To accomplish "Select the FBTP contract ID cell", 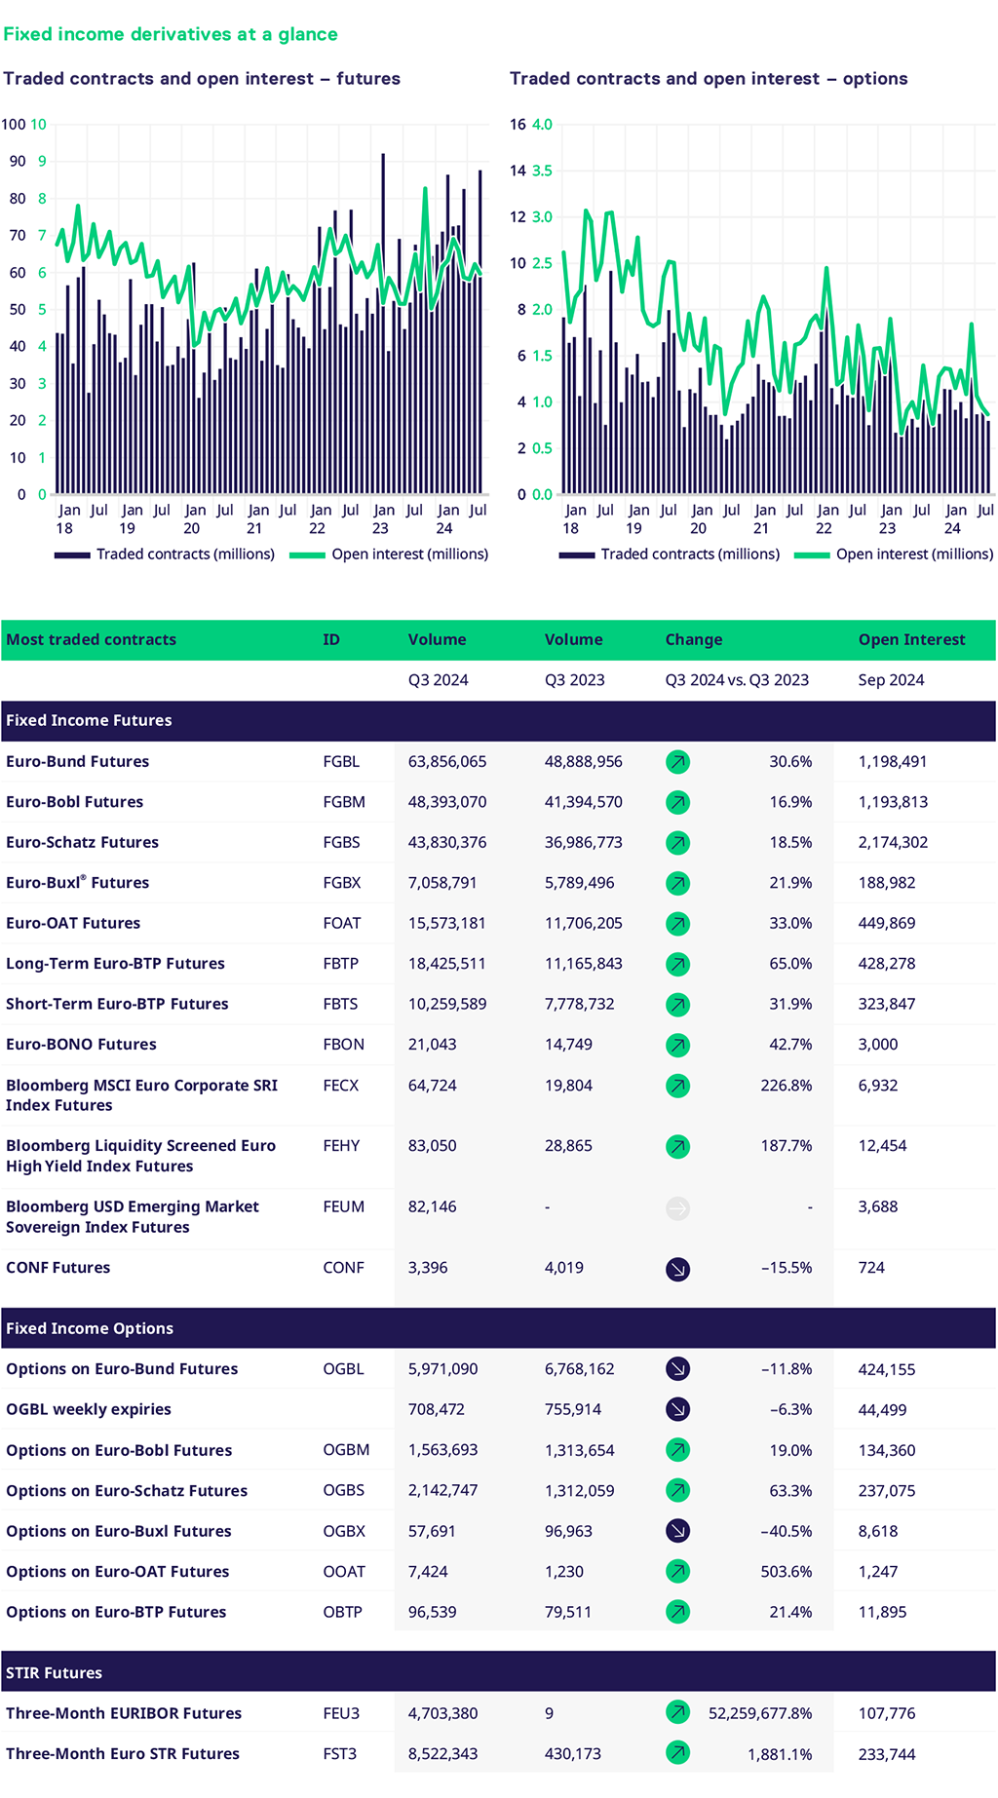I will click(341, 964).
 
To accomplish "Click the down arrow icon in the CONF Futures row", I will click(677, 1269).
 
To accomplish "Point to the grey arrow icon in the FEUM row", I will click(677, 1208).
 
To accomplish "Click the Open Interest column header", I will click(911, 640).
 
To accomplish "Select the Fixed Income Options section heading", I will click(90, 1329).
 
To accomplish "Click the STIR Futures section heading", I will click(55, 1673).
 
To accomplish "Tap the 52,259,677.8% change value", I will click(760, 1714).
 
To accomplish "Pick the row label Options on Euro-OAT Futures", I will click(118, 1572).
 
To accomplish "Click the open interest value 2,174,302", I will click(893, 843).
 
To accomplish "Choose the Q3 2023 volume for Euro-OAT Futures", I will click(584, 924).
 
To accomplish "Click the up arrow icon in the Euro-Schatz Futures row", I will click(677, 843).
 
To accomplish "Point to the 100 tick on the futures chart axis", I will click(14, 125).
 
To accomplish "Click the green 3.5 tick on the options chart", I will click(542, 171).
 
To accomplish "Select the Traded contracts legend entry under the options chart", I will click(690, 555).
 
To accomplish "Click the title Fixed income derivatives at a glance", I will click(171, 34).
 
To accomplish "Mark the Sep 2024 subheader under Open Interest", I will click(891, 680).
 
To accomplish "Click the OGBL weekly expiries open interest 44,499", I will click(882, 1410).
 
